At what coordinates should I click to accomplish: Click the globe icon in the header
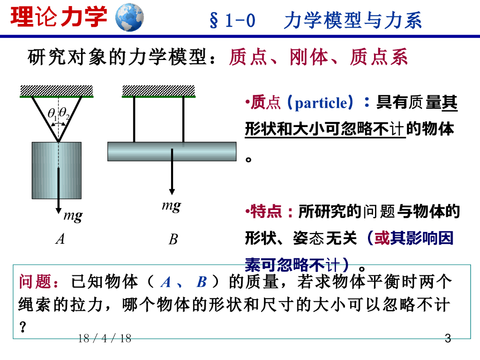tap(129, 17)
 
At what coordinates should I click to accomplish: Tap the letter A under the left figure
tap(60, 239)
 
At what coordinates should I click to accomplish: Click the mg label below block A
tap(73, 216)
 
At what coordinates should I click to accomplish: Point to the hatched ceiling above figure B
tap(158, 90)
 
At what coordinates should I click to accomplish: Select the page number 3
tap(447, 338)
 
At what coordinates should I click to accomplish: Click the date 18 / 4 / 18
tap(105, 338)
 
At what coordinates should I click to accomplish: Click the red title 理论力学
tap(59, 17)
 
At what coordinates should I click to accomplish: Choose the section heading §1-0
tap(232, 21)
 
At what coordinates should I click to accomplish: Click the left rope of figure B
tap(135, 120)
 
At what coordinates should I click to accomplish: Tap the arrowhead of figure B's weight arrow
tap(172, 191)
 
